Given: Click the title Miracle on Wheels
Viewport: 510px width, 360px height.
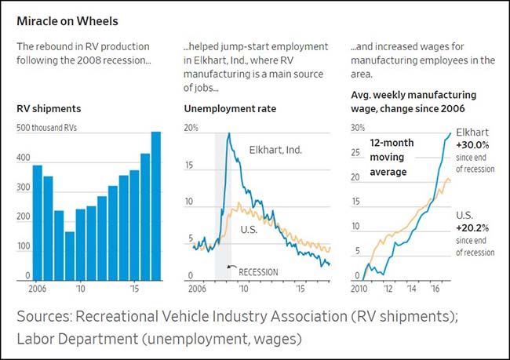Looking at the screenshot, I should pos(67,20).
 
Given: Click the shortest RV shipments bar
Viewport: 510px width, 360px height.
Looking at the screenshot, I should pos(70,255).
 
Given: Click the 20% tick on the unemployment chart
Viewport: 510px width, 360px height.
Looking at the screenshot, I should pos(191,128).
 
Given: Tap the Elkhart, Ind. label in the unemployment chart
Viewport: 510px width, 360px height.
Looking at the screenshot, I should pos(275,149).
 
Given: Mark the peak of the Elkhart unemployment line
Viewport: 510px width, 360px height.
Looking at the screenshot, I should pos(228,134).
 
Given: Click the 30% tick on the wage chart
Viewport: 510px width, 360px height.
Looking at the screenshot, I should pos(358,128).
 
